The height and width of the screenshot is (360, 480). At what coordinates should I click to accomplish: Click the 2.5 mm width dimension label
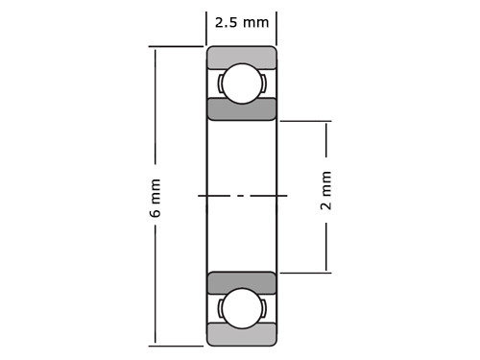241,22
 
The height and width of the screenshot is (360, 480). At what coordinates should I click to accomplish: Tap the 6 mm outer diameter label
156,197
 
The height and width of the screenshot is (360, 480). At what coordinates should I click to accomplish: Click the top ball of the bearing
241,83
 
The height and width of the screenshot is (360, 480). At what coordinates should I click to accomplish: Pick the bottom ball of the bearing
241,308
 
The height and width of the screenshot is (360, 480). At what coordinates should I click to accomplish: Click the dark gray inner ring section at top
241,109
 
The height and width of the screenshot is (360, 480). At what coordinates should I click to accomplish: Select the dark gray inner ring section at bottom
241,282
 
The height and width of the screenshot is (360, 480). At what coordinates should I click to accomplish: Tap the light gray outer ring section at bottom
241,334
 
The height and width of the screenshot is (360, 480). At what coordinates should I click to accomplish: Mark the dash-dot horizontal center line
242,195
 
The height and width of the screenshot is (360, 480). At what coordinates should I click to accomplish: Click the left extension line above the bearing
206,29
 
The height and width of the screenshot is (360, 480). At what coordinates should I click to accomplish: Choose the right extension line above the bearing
276,29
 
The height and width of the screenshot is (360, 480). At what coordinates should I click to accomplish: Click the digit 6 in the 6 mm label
156,211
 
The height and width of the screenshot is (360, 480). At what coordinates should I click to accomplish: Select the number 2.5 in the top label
228,22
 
